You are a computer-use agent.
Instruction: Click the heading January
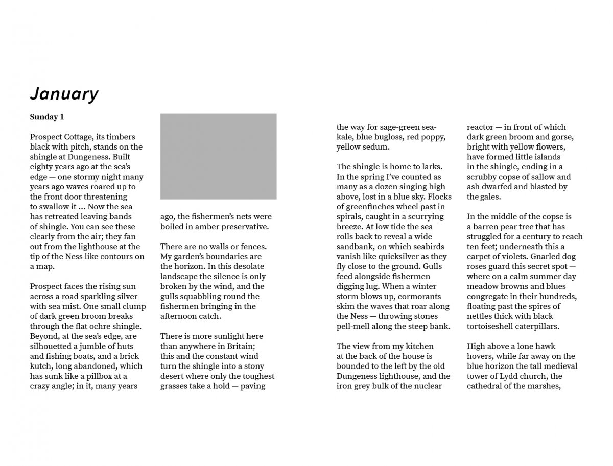click(64, 94)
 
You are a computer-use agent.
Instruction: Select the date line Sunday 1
click(46, 117)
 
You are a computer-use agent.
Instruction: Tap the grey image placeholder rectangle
click(218, 156)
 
